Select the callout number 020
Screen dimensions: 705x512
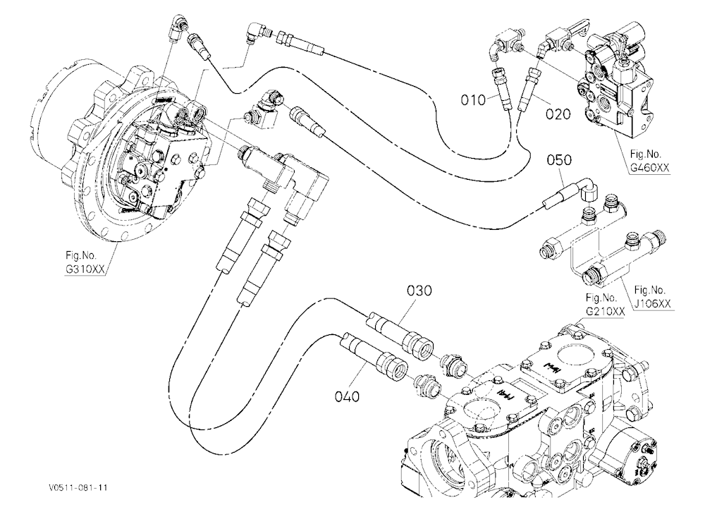click(558, 114)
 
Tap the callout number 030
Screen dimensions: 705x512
click(419, 291)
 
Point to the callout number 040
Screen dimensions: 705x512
click(347, 396)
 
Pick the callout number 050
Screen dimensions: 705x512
click(559, 160)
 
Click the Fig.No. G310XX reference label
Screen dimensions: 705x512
click(84, 262)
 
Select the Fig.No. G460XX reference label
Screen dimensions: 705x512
click(649, 161)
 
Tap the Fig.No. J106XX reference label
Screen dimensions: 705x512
click(652, 297)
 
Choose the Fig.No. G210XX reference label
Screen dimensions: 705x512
click(604, 305)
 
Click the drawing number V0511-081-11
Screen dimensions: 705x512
click(79, 488)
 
